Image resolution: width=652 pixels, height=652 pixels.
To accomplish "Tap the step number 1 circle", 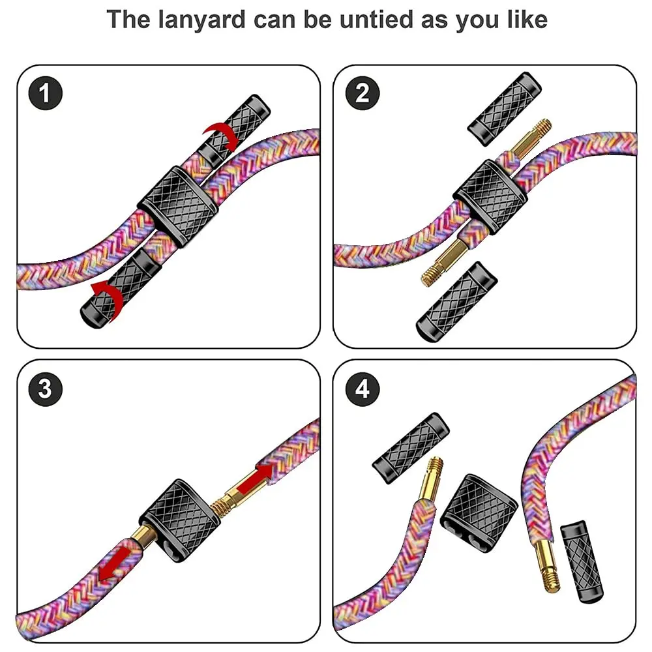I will pyautogui.click(x=45, y=93).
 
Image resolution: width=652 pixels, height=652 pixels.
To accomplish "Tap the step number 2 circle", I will pyautogui.click(x=363, y=93).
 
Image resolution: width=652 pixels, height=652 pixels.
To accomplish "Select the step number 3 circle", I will pyautogui.click(x=45, y=389).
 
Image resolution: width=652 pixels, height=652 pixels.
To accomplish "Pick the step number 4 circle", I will pyautogui.click(x=363, y=389).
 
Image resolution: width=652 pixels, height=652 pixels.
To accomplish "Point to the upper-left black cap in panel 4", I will pyautogui.click(x=410, y=443).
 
